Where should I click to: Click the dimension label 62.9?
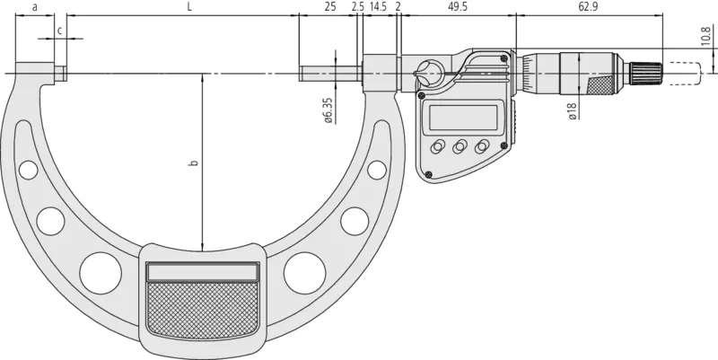[589, 7]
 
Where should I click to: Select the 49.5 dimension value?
[458, 7]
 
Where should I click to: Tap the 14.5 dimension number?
[378, 7]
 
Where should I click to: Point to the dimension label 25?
[330, 7]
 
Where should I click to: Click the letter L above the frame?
[189, 7]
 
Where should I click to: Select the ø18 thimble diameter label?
[573, 110]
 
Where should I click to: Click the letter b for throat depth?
[194, 162]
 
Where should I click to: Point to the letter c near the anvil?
[59, 31]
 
